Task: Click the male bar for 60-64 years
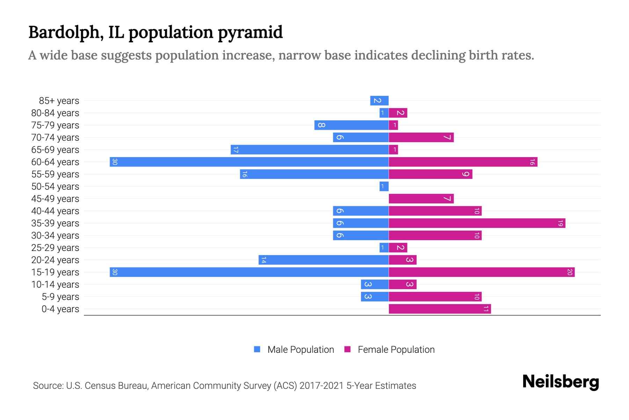tap(249, 162)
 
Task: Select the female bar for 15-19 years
tap(482, 272)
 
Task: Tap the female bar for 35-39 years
tap(477, 223)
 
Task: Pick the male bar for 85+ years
tap(379, 101)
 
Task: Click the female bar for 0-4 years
tap(440, 309)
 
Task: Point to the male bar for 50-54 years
tap(384, 187)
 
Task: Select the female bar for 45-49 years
tap(421, 199)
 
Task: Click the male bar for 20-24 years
tap(324, 260)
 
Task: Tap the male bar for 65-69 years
tap(310, 150)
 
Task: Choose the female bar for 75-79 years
tap(393, 125)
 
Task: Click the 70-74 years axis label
tap(55, 138)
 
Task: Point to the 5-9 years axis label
tap(60, 297)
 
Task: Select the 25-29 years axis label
tap(55, 248)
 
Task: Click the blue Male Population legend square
tap(257, 349)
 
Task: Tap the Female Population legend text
tap(396, 350)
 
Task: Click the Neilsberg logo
tap(561, 381)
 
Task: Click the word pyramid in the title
tap(250, 33)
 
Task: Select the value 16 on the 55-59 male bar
tap(245, 174)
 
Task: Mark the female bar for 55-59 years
tap(431, 174)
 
